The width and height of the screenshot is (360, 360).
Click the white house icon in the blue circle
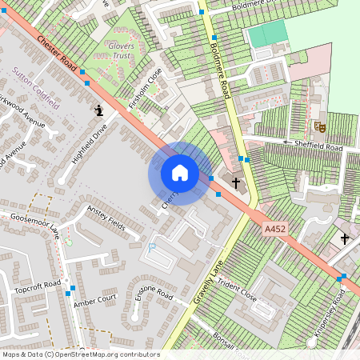pyautogui.click(x=180, y=173)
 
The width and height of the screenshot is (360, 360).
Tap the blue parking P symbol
pyautogui.click(x=152, y=248)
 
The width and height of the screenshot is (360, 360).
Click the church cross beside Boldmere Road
pyautogui.click(x=236, y=182)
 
